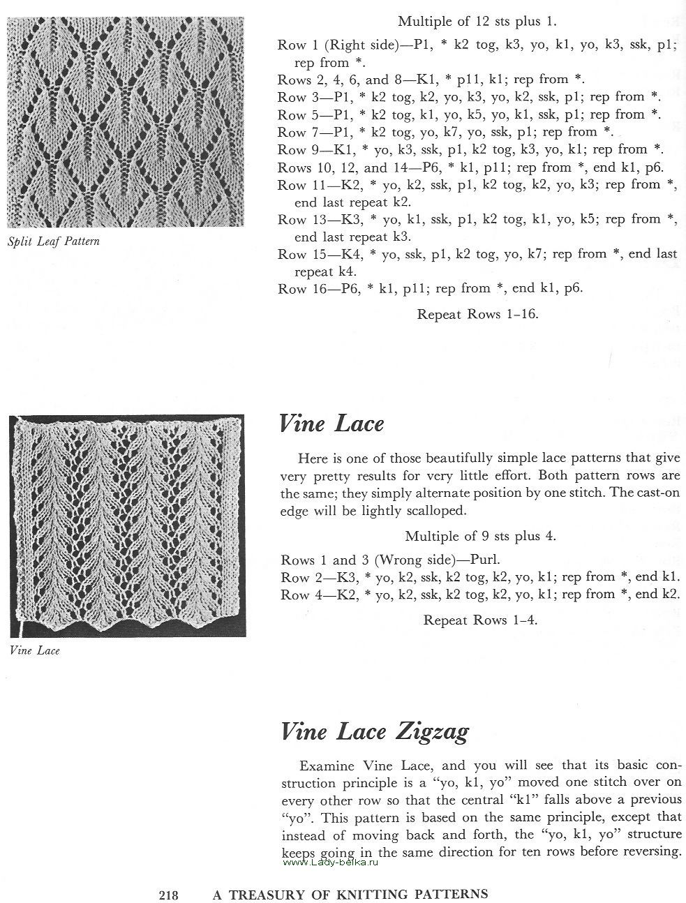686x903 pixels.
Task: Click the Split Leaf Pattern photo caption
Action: pos(54,241)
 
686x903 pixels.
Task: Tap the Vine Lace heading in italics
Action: pos(331,424)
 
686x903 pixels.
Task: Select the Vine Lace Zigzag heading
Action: pos(374,731)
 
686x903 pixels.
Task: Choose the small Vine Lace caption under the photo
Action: pos(35,650)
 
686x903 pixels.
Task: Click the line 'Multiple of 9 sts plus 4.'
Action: pos(480,536)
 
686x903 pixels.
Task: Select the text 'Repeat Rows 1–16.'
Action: pos(477,314)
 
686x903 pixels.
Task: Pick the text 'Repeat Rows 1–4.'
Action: pos(480,620)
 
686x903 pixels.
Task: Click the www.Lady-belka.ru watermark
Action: pos(331,863)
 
